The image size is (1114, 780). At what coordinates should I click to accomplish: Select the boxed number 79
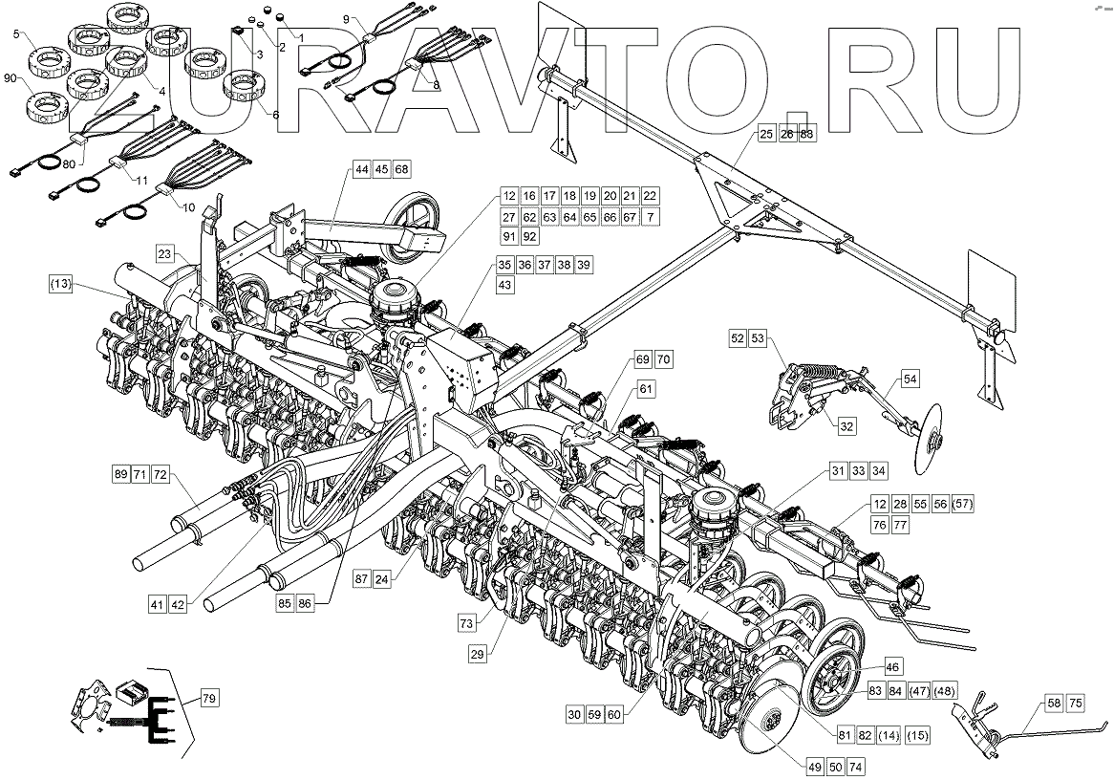pos(209,700)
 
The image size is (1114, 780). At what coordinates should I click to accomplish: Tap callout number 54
pos(910,380)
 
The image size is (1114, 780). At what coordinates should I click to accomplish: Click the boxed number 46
pos(891,666)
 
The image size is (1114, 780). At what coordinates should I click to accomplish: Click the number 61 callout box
pos(648,390)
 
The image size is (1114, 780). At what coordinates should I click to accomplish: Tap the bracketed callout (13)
pos(59,285)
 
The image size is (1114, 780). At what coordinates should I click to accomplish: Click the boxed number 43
pos(504,286)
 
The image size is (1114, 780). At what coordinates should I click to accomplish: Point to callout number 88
pos(808,136)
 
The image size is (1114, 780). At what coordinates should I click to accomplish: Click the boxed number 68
pos(401,169)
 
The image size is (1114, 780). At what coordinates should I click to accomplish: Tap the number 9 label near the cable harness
pos(346,19)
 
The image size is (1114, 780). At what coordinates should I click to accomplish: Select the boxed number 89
pos(120,474)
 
